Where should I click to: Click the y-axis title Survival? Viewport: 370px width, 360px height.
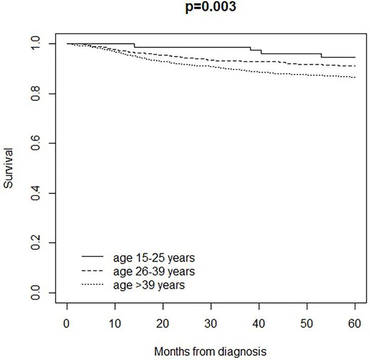pyautogui.click(x=9, y=169)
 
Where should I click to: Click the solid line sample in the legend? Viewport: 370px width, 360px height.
pyautogui.click(x=93, y=257)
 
